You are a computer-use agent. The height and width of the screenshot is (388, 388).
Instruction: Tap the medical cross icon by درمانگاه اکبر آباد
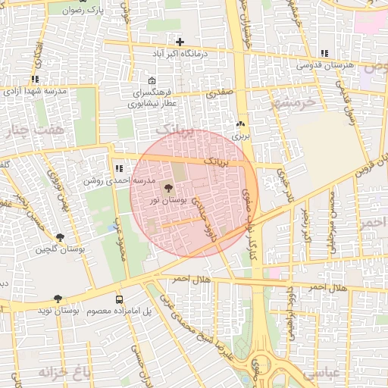tap(180, 42)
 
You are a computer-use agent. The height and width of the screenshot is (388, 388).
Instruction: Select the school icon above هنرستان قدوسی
tap(324, 54)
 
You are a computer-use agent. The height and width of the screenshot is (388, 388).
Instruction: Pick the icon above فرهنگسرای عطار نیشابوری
tap(152, 81)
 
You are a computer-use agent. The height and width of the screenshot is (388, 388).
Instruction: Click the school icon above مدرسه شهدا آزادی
tap(35, 79)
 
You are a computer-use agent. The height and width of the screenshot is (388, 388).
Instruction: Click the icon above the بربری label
tap(241, 124)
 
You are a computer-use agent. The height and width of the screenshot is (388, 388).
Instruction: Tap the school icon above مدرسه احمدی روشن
tap(118, 169)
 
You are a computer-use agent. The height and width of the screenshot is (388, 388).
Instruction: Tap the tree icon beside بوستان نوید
tap(58, 299)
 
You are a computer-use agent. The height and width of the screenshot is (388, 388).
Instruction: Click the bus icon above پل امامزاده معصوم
tap(119, 299)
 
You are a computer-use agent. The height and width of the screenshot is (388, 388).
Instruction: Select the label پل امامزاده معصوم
tap(116, 311)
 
